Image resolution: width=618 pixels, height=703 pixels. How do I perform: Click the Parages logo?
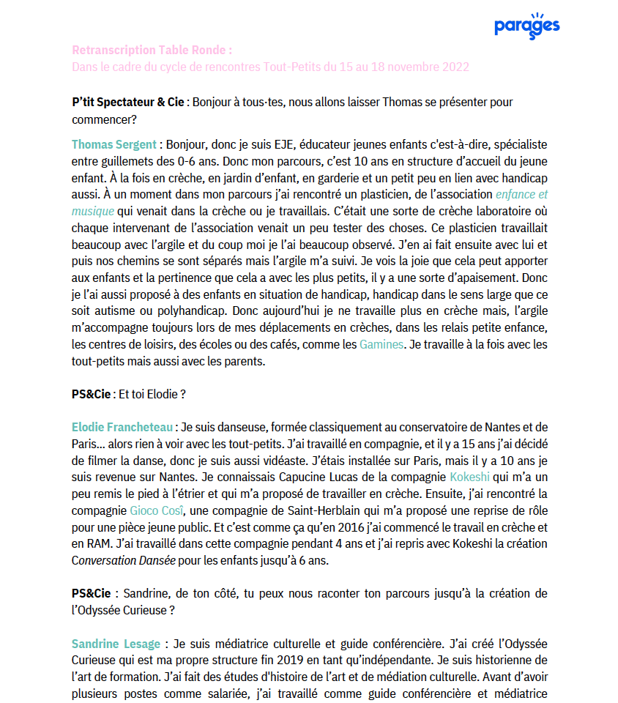(526, 25)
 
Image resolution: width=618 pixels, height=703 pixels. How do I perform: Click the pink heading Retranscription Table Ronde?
(152, 50)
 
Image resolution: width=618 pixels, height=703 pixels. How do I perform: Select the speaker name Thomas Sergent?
(114, 144)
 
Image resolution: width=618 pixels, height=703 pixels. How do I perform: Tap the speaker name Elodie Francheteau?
(122, 427)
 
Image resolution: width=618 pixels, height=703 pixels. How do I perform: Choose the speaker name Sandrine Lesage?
(116, 644)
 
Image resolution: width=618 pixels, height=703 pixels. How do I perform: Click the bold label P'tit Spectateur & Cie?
(128, 102)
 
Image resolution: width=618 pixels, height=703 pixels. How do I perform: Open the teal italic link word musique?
(93, 211)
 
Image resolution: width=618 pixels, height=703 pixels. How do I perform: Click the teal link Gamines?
(381, 343)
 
